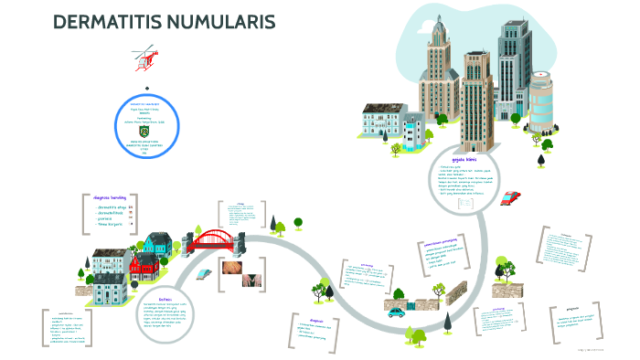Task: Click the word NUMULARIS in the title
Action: click(x=225, y=23)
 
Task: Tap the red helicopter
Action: click(x=144, y=58)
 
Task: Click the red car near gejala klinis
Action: click(x=510, y=196)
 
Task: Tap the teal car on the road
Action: click(x=397, y=312)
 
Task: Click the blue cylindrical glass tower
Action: click(x=541, y=101)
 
